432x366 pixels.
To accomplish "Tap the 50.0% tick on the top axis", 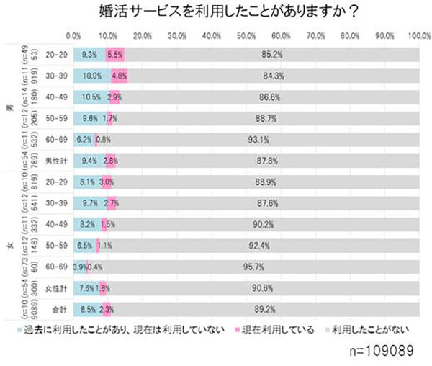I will coord(246,35).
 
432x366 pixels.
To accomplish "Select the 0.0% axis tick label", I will coord(73,35).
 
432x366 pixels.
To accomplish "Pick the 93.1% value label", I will coord(277,139).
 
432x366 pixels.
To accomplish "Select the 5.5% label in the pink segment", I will coord(114,54).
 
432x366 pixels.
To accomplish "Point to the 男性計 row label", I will coord(53,161).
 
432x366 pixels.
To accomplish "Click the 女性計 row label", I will coord(53,288).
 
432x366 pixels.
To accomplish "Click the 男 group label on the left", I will coord(9,107).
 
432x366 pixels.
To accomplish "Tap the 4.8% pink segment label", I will coord(120,76).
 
